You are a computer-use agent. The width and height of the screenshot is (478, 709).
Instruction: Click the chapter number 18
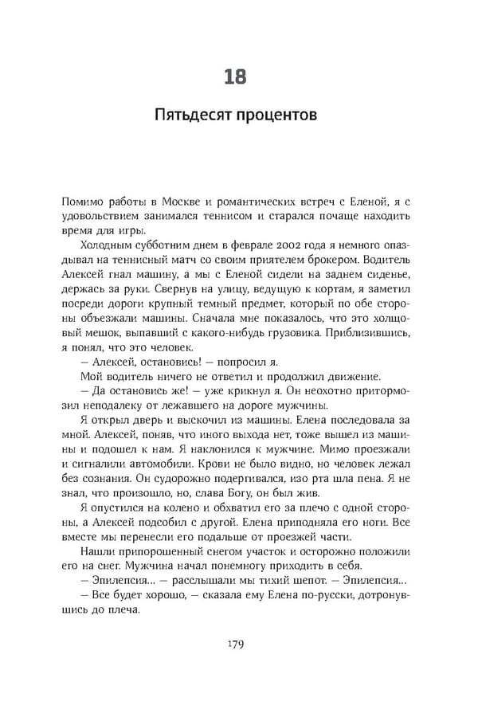[x=237, y=76]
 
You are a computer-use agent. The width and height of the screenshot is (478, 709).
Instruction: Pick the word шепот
[x=300, y=578]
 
